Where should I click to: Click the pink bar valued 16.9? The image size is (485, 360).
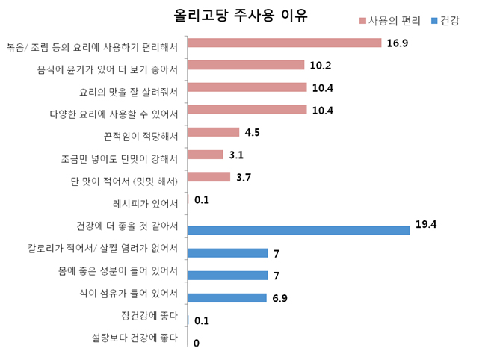pos(284,43)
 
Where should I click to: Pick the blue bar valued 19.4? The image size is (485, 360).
pos(298,230)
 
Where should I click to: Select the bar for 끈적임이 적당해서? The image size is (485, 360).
pos(213,132)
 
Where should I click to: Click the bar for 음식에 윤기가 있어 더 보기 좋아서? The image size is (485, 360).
pos(246,65)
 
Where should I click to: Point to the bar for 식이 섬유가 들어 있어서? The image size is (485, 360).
pos(226,298)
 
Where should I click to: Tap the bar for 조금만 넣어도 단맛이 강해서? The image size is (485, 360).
pos(205,155)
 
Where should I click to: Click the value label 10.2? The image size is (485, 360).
pos(321,66)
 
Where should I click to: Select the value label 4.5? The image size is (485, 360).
pos(252,133)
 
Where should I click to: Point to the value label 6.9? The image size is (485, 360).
pos(280,299)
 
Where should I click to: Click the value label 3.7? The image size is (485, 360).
pos(244,178)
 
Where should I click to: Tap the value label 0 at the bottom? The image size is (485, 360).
pos(196,344)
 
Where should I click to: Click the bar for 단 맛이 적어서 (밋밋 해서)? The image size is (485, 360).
pos(208,177)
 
